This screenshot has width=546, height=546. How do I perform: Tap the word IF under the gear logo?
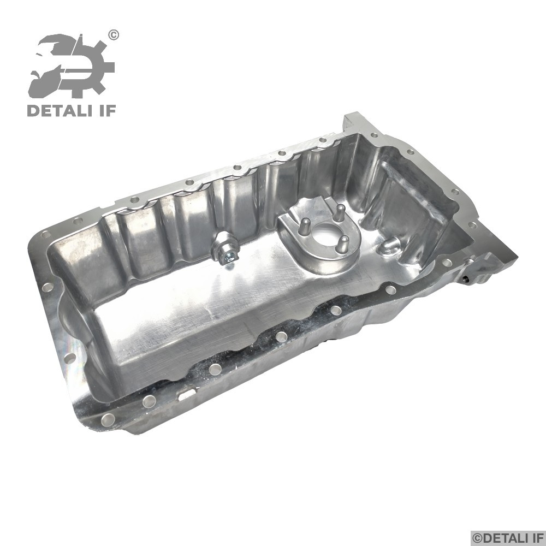coord(107,110)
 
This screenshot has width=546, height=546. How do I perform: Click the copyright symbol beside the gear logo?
coord(114,35)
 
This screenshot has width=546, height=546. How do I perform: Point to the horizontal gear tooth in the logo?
coord(108,67)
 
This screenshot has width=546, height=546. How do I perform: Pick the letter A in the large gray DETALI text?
coord(70,110)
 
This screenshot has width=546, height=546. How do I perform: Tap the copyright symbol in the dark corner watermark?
coord(477,538)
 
